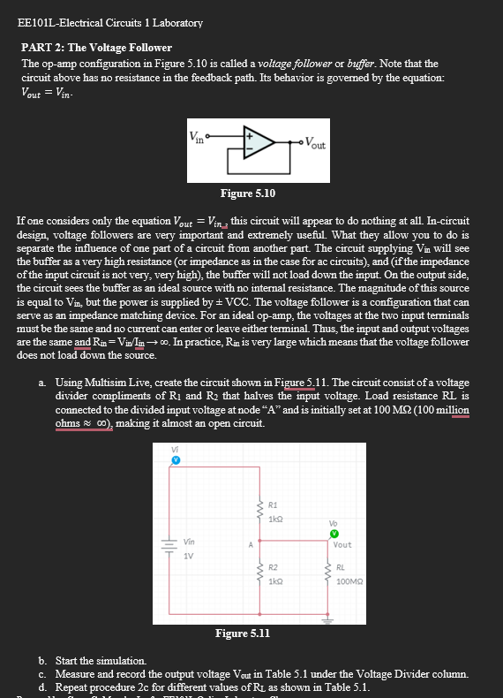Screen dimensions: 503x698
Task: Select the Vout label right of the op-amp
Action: pos(317,145)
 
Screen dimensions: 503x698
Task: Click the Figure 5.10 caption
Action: pos(248,192)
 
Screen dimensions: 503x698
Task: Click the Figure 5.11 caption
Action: pos(243,633)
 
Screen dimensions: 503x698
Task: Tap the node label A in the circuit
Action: pos(251,544)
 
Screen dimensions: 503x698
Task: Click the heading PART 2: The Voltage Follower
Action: pos(96,47)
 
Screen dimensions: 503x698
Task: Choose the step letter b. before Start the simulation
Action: pos(43,661)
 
